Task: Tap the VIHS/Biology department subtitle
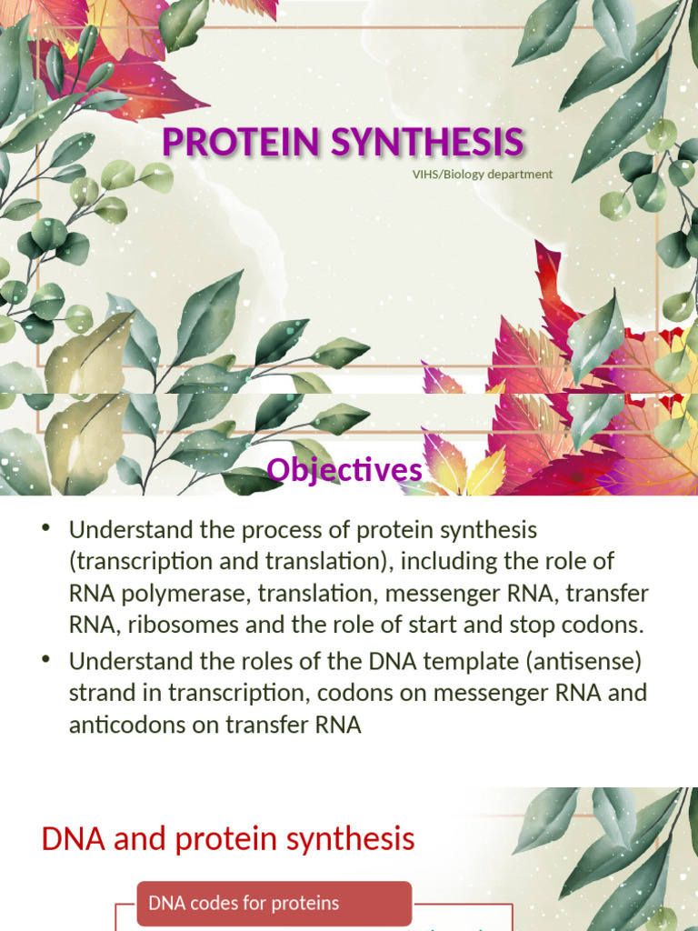click(482, 174)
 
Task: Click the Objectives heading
click(344, 470)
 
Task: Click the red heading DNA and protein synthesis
click(228, 839)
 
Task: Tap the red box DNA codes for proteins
click(274, 904)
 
